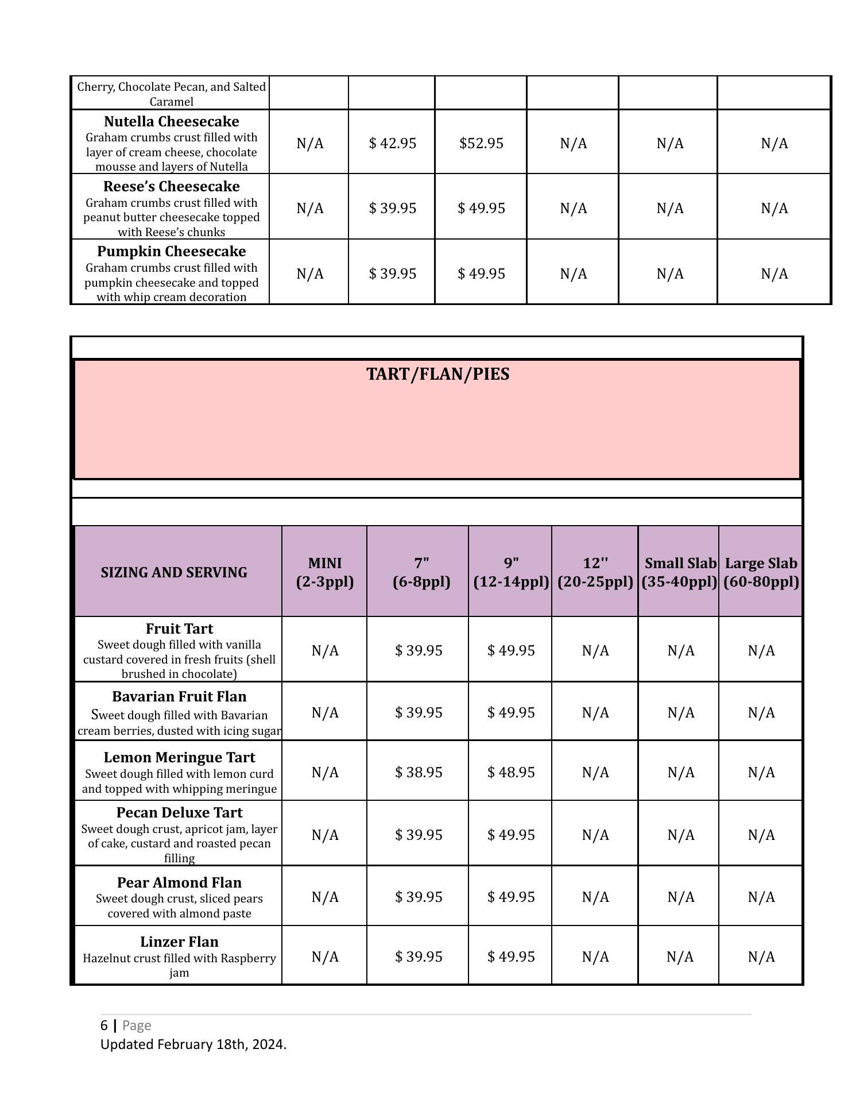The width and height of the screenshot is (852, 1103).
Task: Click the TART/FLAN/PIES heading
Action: point(437,375)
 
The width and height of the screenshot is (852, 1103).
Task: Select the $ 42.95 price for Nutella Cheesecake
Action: point(393,143)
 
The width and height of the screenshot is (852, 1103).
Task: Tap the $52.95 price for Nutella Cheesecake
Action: point(481,143)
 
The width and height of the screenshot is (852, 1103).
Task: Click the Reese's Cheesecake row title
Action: point(171,187)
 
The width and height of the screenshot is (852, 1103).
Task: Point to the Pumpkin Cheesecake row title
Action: point(171,252)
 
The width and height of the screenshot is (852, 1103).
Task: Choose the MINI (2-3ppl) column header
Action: point(325,572)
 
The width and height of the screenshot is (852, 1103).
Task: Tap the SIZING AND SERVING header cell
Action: point(174,573)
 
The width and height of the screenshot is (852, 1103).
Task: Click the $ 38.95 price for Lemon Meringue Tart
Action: point(419,772)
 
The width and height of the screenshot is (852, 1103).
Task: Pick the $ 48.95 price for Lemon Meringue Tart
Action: point(511,772)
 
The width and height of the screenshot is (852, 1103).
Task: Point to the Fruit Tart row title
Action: point(179,629)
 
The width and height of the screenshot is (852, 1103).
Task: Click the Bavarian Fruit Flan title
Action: point(179,697)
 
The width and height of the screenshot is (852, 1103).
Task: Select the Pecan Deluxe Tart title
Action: point(179,813)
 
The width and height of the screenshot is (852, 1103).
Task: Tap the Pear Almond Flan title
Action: point(179,883)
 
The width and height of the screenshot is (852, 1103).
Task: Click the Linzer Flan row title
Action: point(179,942)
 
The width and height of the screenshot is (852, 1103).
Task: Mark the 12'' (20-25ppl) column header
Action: point(595,572)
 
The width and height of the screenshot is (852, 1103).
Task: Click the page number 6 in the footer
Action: point(104,1025)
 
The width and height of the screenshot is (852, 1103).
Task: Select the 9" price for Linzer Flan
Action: point(511,957)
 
